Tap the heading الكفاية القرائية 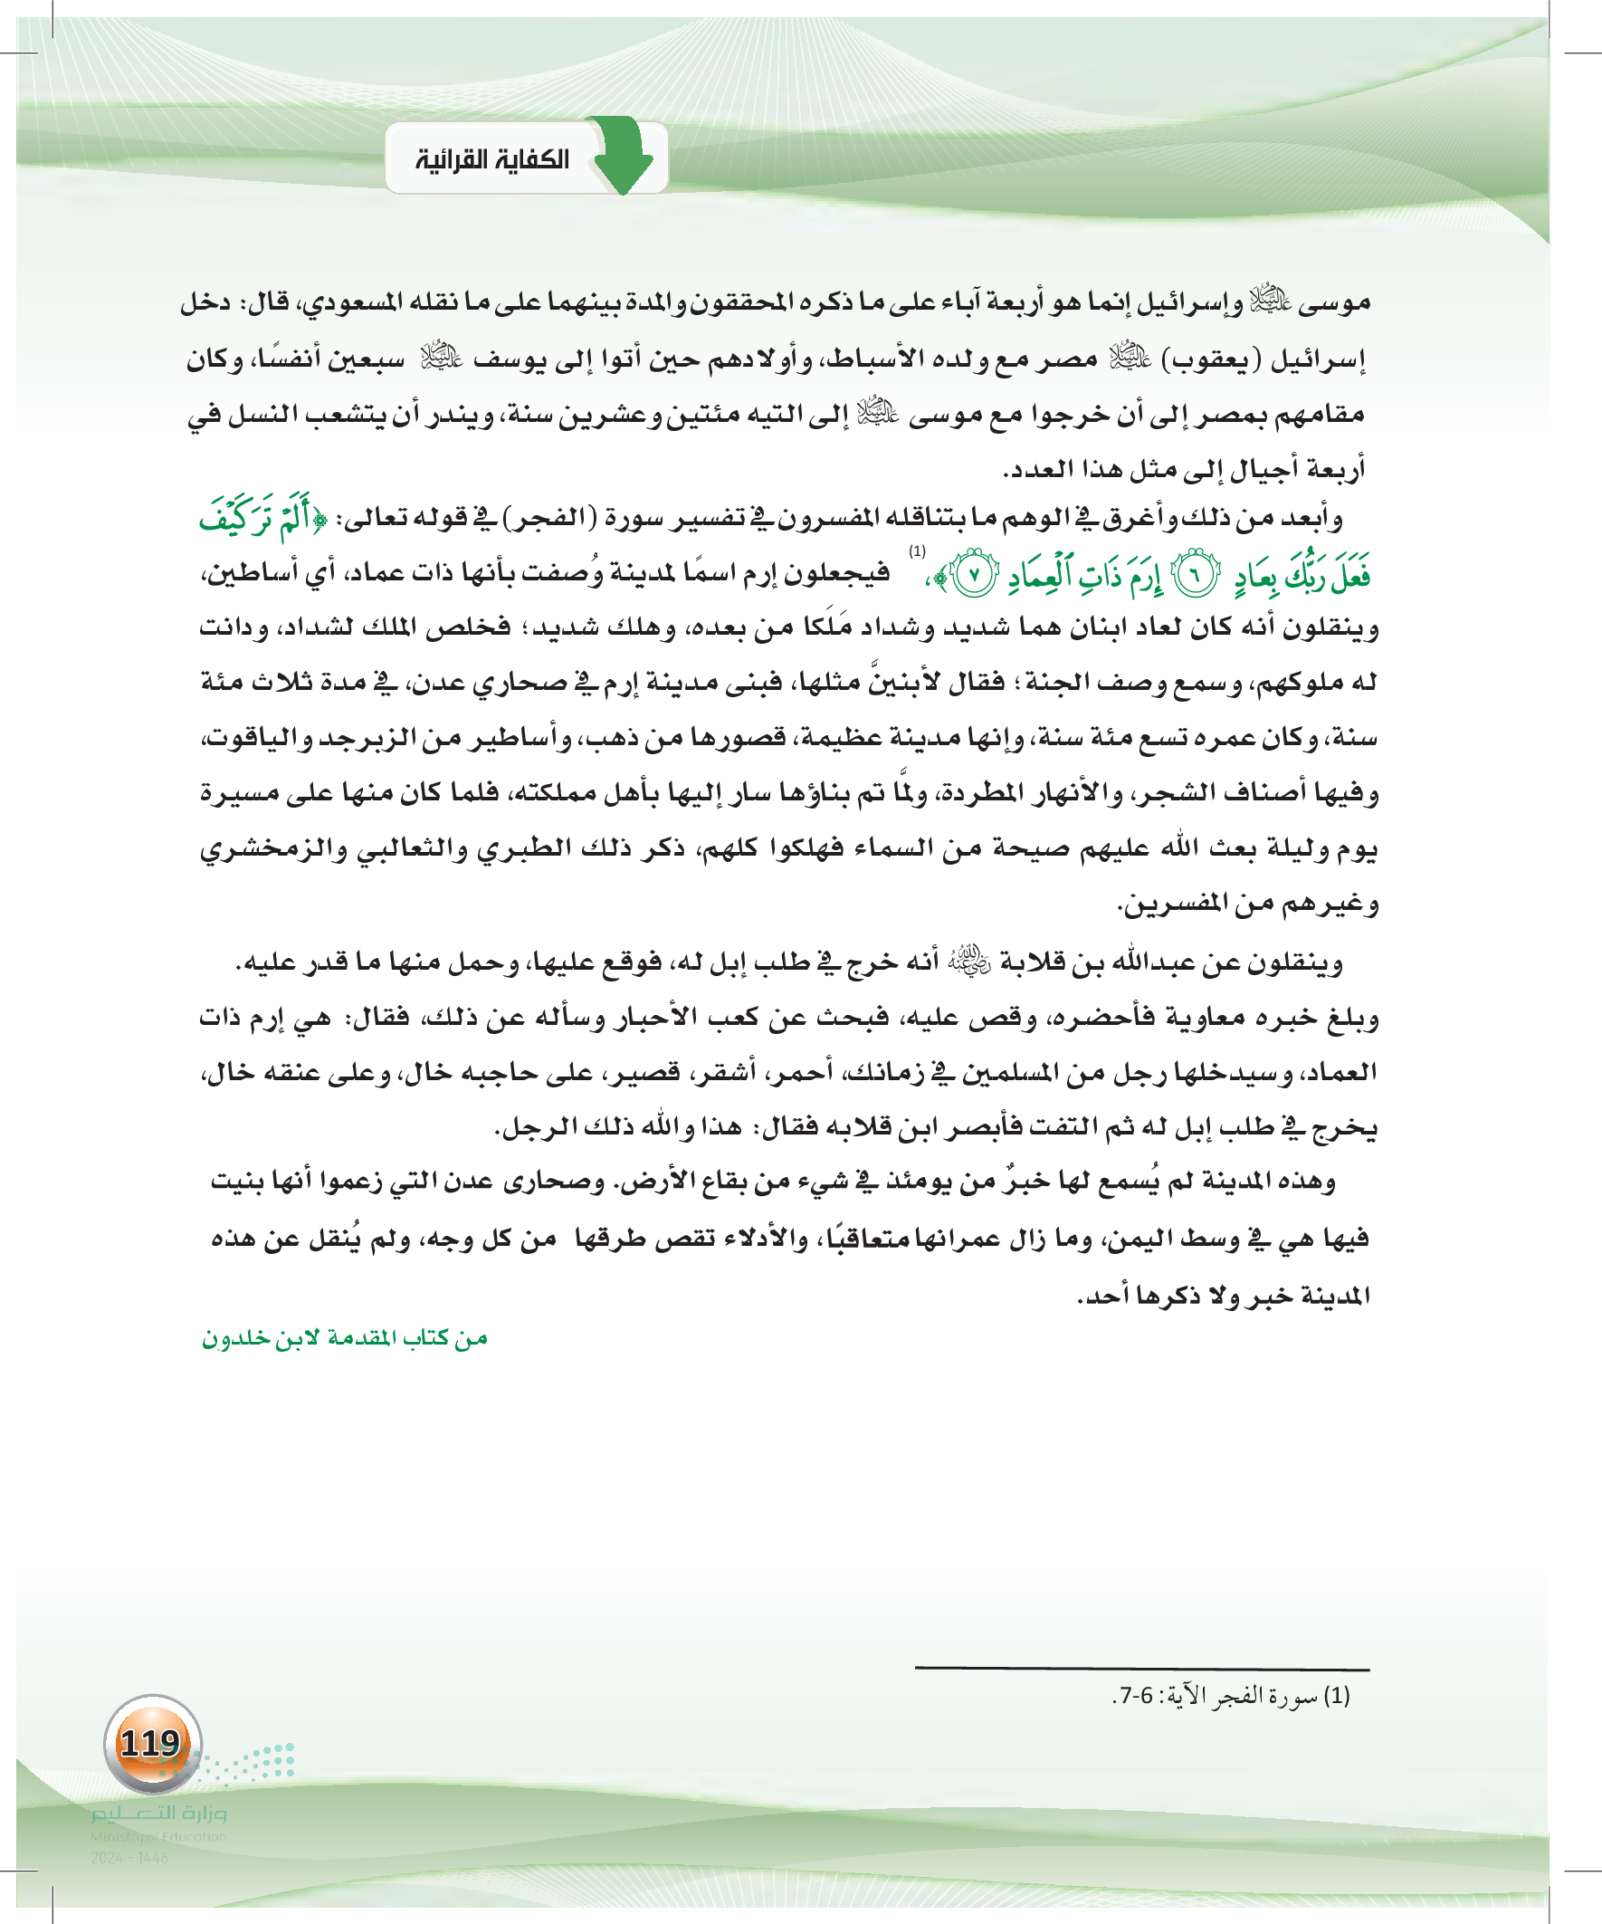click(491, 160)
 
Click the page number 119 click(151, 1744)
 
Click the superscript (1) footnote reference click(917, 551)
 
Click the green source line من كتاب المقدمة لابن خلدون click(345, 1338)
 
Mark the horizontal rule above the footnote click(1141, 1669)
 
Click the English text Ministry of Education click(158, 1836)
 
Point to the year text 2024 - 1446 click(129, 1858)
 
